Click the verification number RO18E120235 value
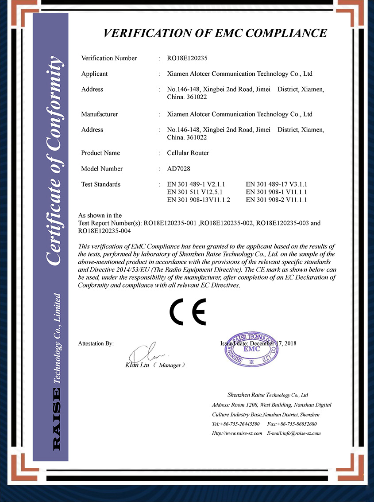[x=187, y=58]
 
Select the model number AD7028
[x=178, y=168]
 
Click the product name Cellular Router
[x=188, y=153]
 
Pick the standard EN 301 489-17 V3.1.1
[x=276, y=184]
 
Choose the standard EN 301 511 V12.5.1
[x=194, y=192]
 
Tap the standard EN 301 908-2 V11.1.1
[x=276, y=200]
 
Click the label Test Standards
[x=101, y=184]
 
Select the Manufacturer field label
[x=100, y=114]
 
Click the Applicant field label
[x=95, y=74]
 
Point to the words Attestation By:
[x=96, y=343]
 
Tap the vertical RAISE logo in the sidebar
[x=57, y=419]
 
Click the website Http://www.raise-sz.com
[x=237, y=433]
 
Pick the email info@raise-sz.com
[x=301, y=433]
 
